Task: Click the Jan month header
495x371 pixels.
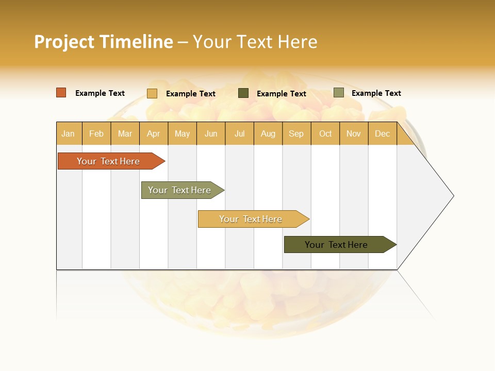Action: (68, 133)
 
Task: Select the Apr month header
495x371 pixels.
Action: (153, 133)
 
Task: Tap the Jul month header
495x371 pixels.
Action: (239, 133)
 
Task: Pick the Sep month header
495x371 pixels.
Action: (296, 133)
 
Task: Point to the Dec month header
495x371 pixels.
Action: (382, 133)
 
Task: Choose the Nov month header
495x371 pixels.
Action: (353, 133)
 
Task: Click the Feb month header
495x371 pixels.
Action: (96, 133)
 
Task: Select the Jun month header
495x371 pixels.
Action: (211, 133)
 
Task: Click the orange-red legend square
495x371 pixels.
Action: (61, 93)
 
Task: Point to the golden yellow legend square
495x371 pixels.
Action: (152, 93)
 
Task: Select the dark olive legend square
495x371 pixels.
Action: (243, 93)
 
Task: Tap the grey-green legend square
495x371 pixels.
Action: (338, 93)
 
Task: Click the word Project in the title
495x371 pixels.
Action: (64, 42)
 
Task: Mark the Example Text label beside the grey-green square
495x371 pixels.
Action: (376, 93)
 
